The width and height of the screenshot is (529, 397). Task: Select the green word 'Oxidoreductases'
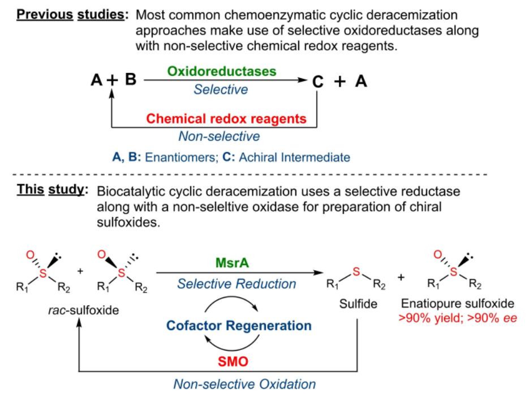(221, 72)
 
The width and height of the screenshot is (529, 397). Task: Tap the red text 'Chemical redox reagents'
(226, 118)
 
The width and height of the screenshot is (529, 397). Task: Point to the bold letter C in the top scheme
(318, 82)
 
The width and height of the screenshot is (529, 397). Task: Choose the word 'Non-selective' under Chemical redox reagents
(219, 136)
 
